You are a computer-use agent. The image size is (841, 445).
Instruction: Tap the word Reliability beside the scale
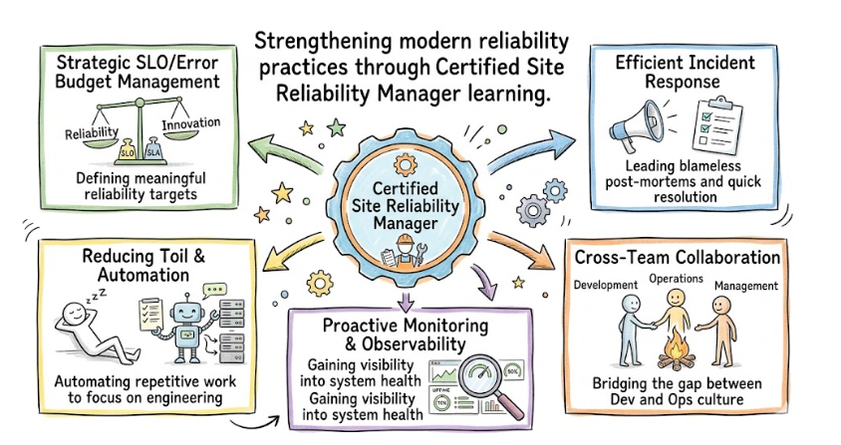[91, 132]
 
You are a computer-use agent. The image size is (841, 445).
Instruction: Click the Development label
[606, 286]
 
